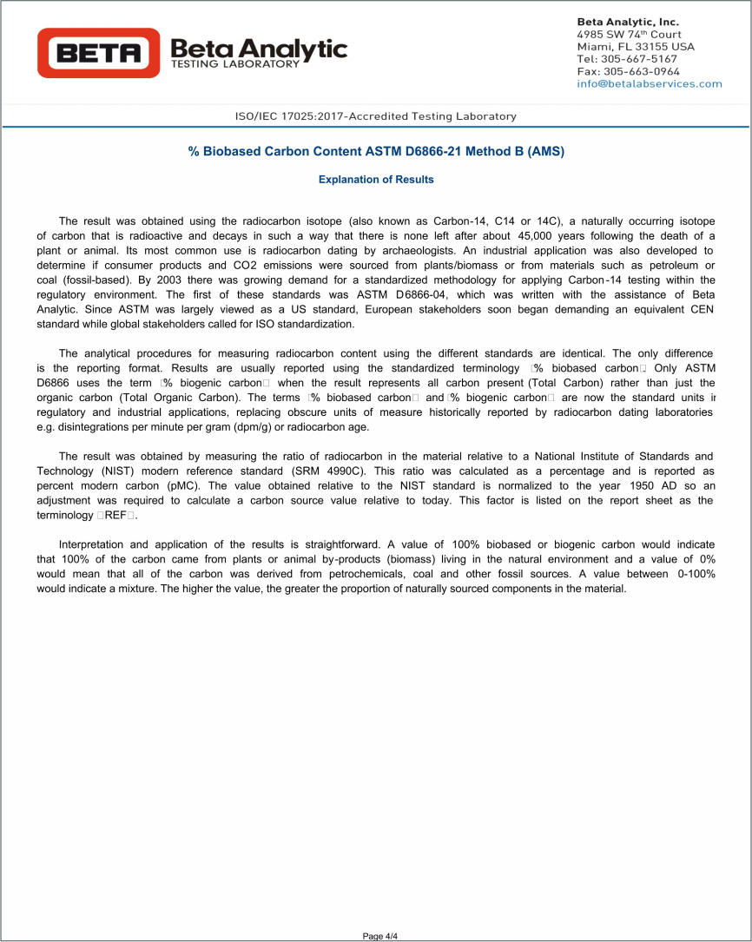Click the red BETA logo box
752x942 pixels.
(98, 53)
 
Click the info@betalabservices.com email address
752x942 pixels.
(649, 83)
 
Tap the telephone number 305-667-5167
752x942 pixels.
(640, 59)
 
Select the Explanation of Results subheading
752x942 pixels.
(376, 180)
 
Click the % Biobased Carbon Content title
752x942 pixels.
(376, 152)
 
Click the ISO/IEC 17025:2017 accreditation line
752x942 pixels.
(375, 116)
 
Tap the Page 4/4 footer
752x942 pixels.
(379, 936)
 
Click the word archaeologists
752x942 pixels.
(411, 251)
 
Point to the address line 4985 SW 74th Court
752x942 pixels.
(629, 34)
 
